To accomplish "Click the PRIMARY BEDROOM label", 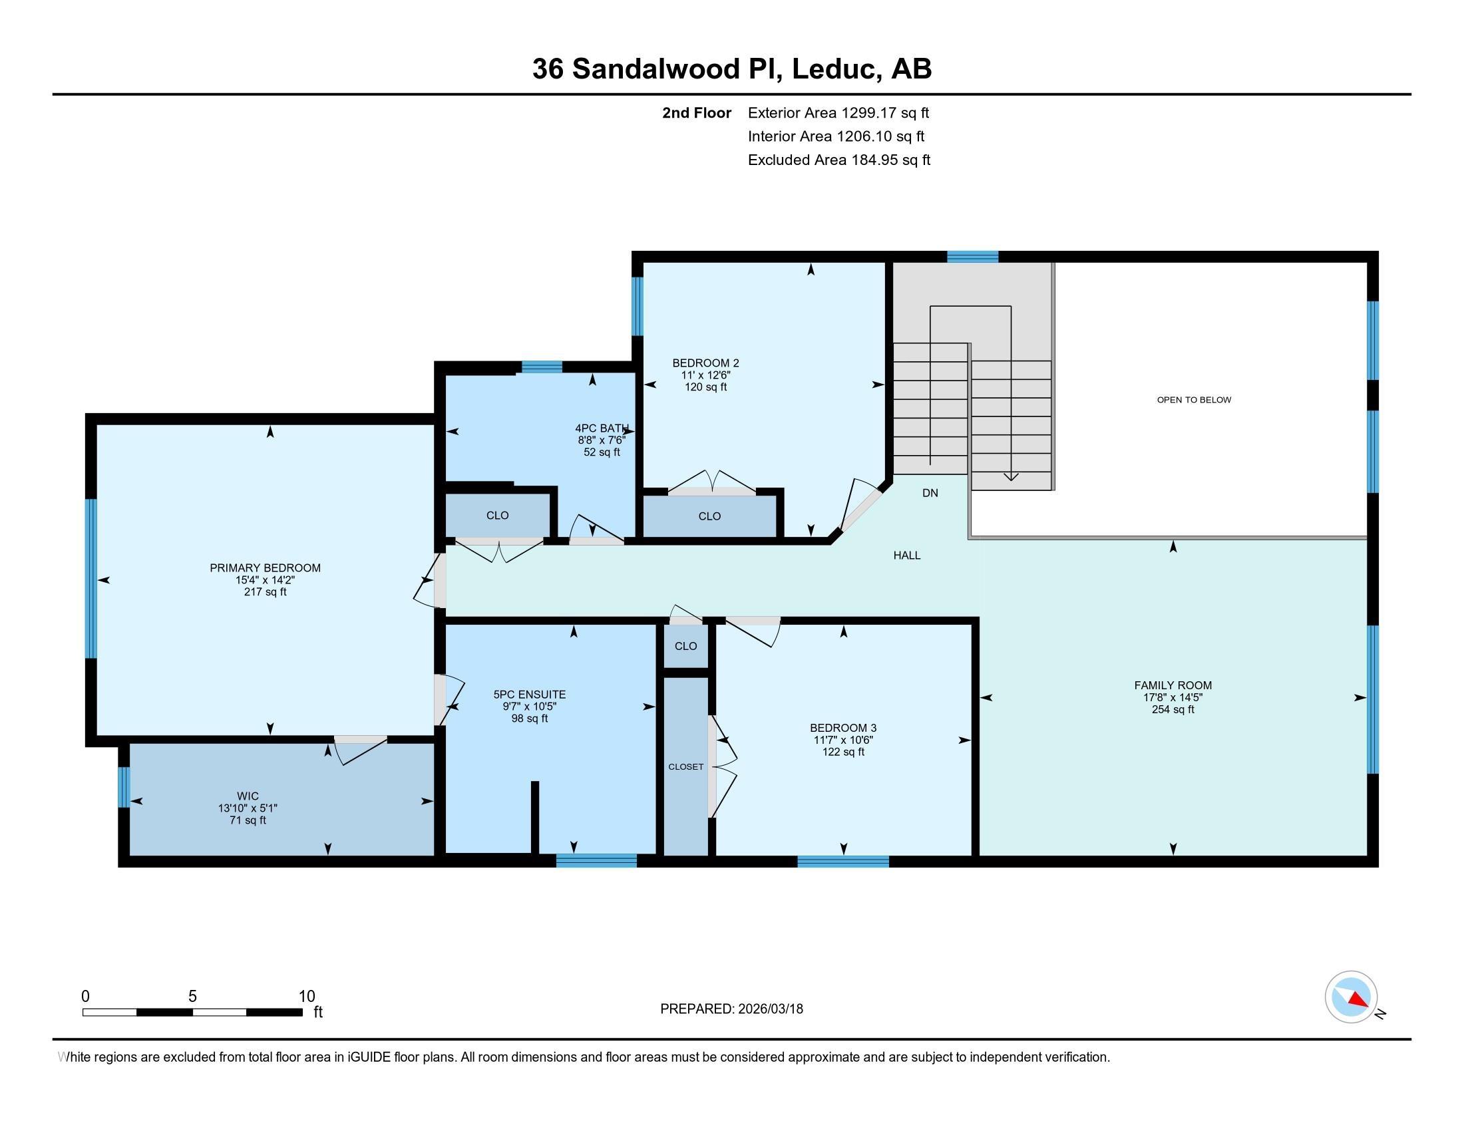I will tap(265, 567).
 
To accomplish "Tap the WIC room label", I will tap(248, 796).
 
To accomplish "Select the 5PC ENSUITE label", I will tap(530, 695).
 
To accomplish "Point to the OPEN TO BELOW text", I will tap(1194, 400).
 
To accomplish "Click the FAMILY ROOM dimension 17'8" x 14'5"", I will tap(1173, 697).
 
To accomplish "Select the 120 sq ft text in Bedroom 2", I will tap(705, 387).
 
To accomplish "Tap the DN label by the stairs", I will tap(930, 493).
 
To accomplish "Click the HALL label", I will tap(906, 556).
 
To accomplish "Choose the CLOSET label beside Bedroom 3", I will tap(685, 766).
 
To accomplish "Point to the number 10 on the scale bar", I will tap(306, 997).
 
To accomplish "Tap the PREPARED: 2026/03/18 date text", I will tap(731, 1009).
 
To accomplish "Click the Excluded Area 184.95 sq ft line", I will tap(838, 160).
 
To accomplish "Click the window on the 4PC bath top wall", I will tap(542, 367).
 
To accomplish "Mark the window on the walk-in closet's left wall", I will tap(123, 787).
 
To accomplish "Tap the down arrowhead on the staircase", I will tap(1010, 477).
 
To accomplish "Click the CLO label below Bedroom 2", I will tap(709, 516).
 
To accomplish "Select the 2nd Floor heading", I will tap(697, 113).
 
